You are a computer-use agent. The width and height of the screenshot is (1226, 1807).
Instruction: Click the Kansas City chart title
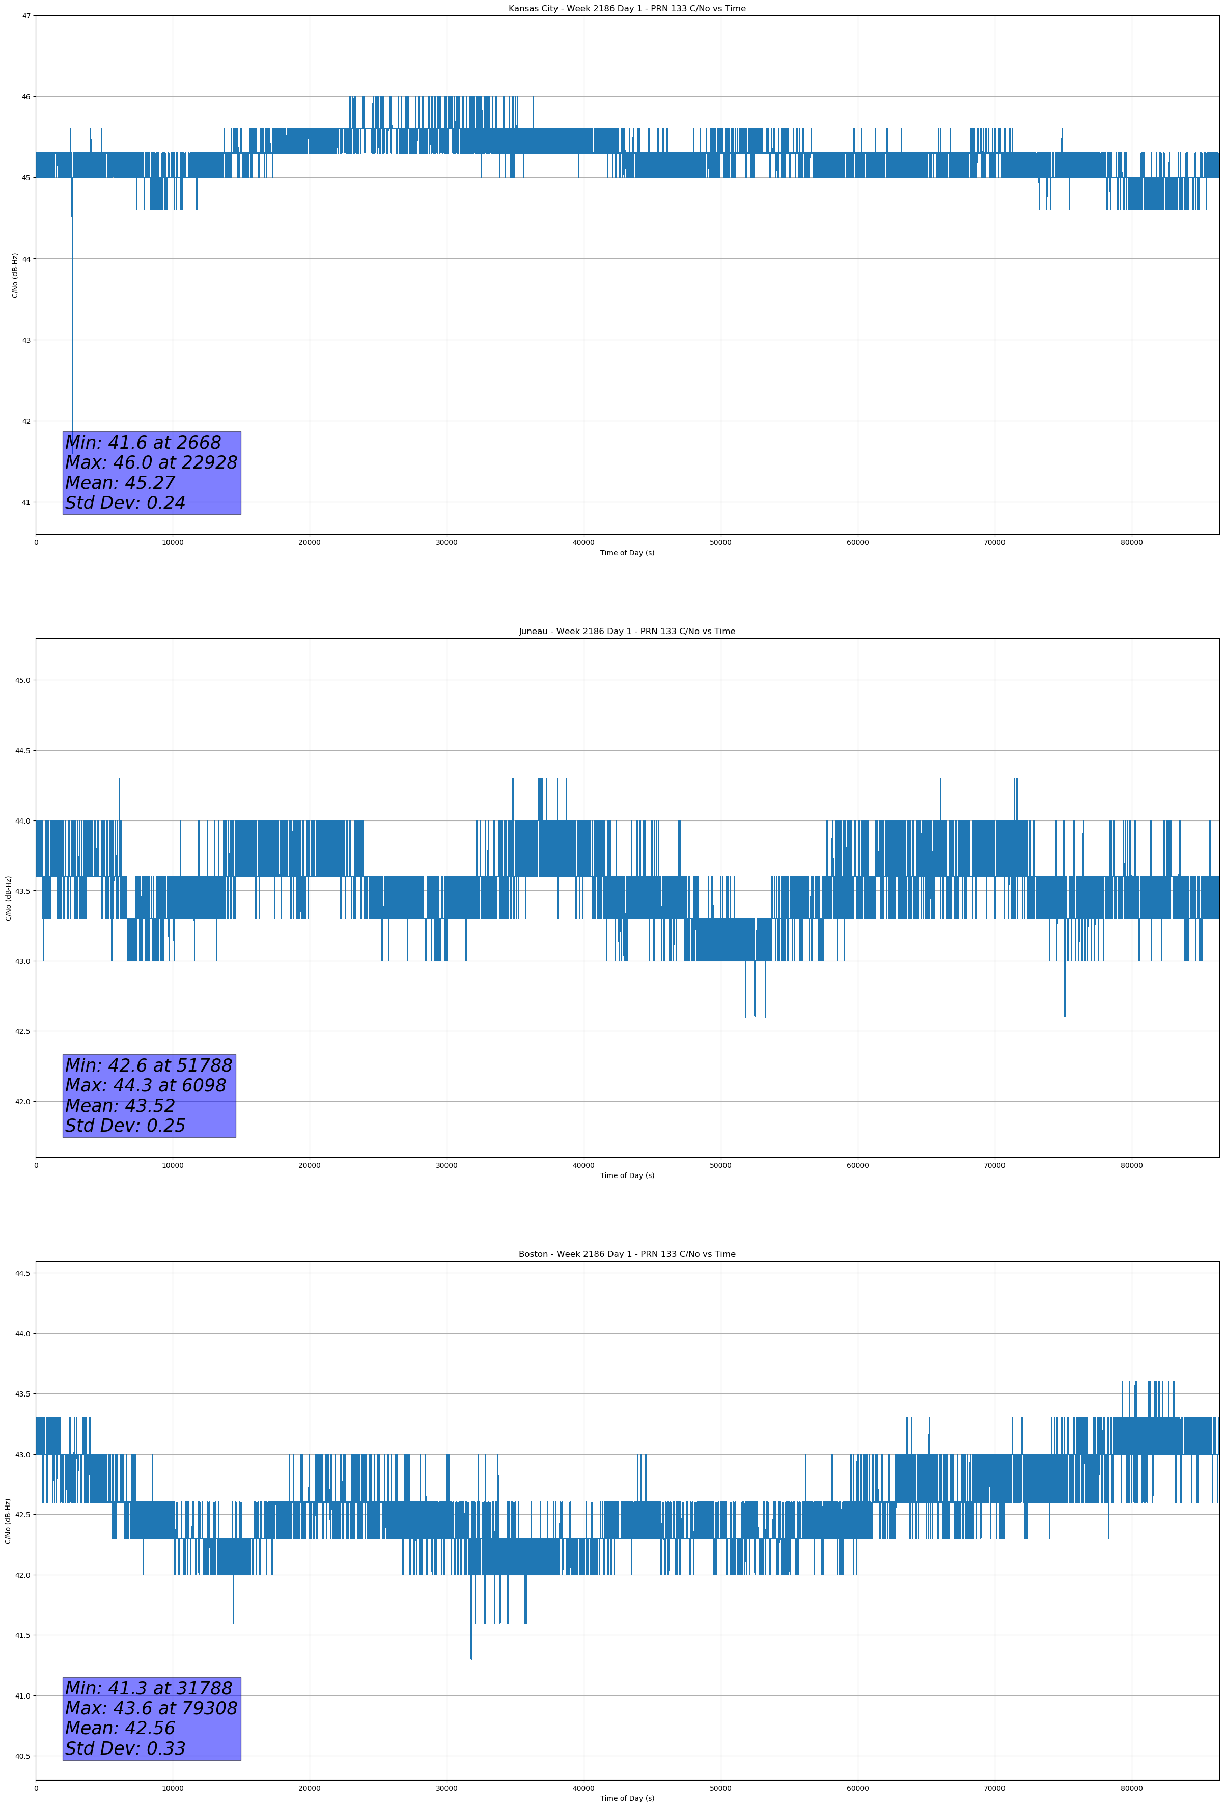pos(627,9)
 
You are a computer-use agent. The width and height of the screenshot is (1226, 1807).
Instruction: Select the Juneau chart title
pos(627,632)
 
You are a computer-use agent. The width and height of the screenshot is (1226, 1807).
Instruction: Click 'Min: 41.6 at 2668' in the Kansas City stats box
pos(143,443)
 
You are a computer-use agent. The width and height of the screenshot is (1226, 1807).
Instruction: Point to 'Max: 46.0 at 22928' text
pos(151,462)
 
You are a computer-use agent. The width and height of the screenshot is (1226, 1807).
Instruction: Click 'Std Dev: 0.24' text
pos(125,503)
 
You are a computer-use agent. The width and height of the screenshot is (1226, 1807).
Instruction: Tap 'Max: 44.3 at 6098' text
pos(146,1085)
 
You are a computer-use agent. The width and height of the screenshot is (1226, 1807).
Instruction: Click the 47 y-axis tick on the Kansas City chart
pos(26,16)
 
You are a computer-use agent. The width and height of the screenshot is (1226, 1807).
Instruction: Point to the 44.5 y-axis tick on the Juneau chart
pos(22,750)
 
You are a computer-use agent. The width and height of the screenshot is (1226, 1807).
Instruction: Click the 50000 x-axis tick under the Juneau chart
pos(720,1165)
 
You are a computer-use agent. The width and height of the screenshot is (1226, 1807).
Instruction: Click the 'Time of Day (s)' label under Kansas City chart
pos(627,553)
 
